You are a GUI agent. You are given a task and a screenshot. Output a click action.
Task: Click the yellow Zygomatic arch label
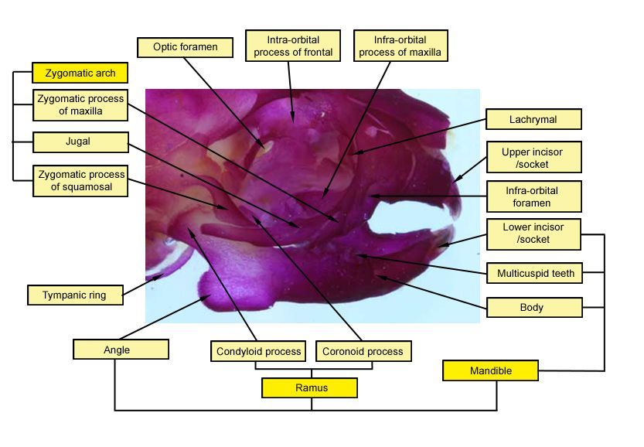pos(80,73)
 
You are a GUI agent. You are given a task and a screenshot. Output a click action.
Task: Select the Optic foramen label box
pos(185,47)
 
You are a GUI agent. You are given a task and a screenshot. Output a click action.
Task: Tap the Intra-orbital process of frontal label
pos(293,46)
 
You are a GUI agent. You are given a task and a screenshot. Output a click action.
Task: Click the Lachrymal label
pos(533,120)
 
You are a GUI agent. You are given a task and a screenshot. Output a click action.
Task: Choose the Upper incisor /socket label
pos(533,158)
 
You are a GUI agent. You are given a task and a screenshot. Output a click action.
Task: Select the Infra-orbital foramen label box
pos(533,196)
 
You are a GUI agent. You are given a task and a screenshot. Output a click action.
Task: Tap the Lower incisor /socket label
pos(533,234)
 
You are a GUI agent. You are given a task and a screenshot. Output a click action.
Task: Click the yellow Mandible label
pos(491,371)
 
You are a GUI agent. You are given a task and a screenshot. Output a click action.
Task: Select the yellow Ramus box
pos(309,387)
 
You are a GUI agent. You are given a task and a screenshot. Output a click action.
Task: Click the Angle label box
pos(121,350)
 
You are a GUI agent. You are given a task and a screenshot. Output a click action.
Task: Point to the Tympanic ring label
pos(74,295)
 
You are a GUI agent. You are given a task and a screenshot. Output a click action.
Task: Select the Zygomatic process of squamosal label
pos(80,181)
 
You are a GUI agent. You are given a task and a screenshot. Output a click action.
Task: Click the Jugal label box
pos(80,142)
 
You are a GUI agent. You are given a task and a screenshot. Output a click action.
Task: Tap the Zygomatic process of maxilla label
pos(80,105)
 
